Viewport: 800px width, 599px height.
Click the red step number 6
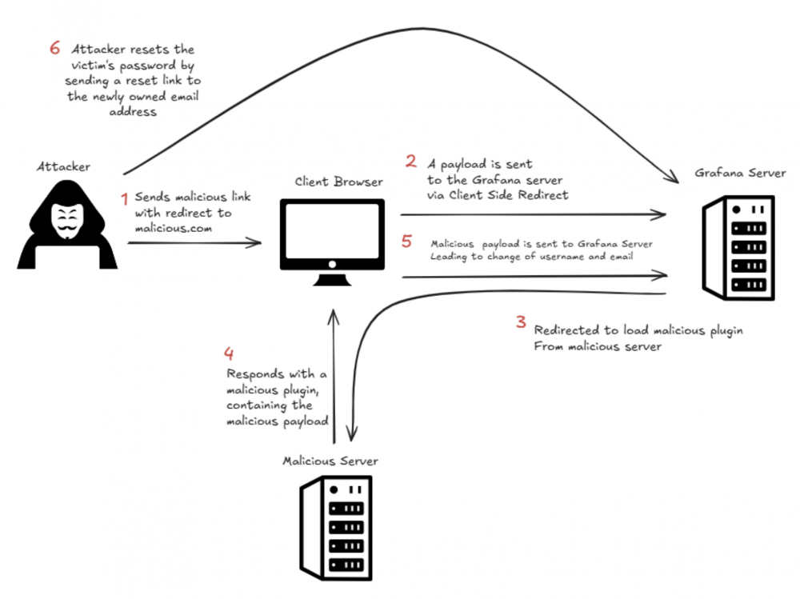[x=55, y=48]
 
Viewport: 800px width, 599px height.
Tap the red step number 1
[x=124, y=199]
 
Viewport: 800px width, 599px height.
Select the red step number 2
[x=410, y=162]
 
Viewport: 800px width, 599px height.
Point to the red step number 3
[x=521, y=321]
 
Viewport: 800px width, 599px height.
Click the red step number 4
[x=229, y=353]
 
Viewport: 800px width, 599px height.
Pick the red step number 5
[x=406, y=241]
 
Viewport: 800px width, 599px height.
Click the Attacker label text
[x=63, y=166]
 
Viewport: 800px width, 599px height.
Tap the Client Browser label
[x=338, y=182]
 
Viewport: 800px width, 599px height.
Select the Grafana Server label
[x=740, y=173]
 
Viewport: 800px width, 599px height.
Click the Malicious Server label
[x=330, y=461]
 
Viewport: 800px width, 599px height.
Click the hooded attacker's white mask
[x=67, y=221]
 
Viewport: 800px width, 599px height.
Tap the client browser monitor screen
[x=332, y=230]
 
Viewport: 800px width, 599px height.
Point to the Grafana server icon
[x=738, y=248]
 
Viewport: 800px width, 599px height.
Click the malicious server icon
[x=336, y=528]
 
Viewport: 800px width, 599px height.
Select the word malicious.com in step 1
[x=174, y=228]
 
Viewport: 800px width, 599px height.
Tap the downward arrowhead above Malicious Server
[x=351, y=434]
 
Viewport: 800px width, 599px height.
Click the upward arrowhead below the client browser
[x=334, y=317]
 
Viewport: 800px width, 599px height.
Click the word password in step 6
[x=149, y=66]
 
